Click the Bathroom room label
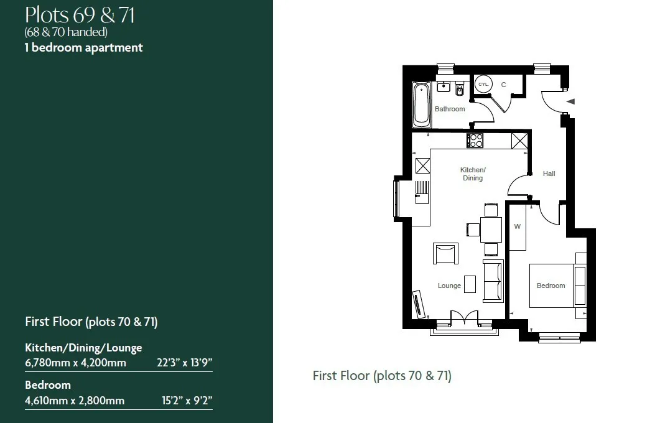(450, 109)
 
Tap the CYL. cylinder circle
(483, 84)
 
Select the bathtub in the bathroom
(422, 105)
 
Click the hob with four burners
(475, 141)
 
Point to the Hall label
(549, 174)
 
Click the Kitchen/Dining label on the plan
(473, 174)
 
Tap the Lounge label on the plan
(449, 286)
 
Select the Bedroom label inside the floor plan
(551, 286)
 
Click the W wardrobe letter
(518, 226)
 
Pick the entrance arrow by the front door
(570, 101)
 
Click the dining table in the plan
(491, 230)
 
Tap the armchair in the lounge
(446, 253)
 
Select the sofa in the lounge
(493, 281)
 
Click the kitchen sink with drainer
(422, 193)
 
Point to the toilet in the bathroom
(460, 89)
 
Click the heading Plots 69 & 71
(80, 15)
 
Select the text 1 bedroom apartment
(84, 47)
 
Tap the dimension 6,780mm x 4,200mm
(75, 363)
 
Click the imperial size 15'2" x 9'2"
(187, 400)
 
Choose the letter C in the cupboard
(503, 85)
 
